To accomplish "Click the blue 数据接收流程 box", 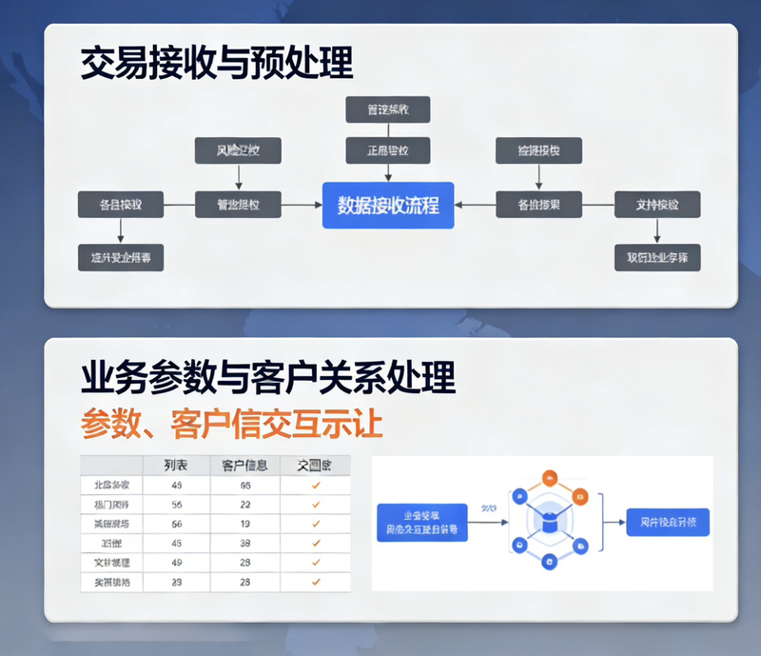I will (x=388, y=205).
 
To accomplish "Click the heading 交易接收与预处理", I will (x=216, y=64).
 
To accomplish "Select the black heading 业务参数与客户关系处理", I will (x=267, y=378).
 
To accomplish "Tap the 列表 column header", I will (x=176, y=466).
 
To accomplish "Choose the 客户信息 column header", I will (x=244, y=466).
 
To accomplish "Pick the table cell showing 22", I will (x=244, y=505).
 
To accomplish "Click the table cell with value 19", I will (x=244, y=524).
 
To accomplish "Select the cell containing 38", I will (x=244, y=543).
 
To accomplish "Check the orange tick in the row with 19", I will (x=316, y=524).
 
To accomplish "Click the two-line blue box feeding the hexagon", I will (x=422, y=523).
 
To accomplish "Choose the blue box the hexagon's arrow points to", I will (x=669, y=523).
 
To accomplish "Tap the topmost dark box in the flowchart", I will (x=387, y=109).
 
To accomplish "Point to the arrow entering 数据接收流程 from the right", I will (x=475, y=205).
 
